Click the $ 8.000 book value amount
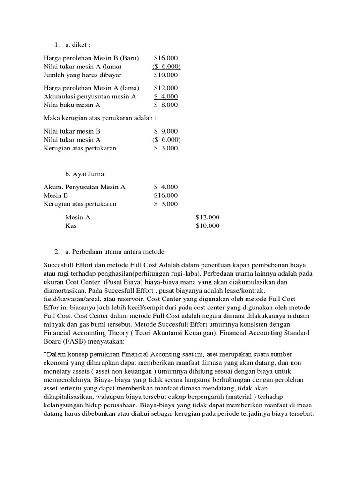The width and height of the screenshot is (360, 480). pyautogui.click(x=166, y=105)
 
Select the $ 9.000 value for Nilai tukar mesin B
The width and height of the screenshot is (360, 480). pyautogui.click(x=166, y=131)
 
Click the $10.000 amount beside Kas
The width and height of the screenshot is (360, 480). pyautogui.click(x=207, y=226)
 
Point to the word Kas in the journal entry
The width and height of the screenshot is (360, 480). pyautogui.click(x=71, y=226)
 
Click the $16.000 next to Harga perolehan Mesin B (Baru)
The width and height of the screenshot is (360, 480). pyautogui.click(x=166, y=58)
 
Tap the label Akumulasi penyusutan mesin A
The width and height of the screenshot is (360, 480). pyautogui.click(x=90, y=97)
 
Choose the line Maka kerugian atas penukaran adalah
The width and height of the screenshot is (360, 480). pyautogui.click(x=100, y=118)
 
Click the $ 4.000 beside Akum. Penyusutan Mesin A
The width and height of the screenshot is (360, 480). pyautogui.click(x=166, y=187)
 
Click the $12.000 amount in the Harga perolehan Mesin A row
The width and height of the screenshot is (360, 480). pyautogui.click(x=166, y=88)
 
